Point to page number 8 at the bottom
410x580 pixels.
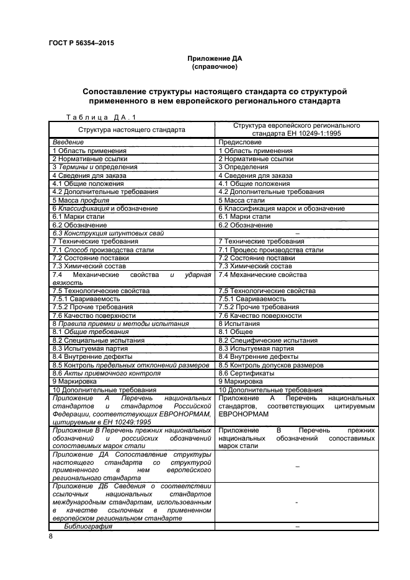click(x=50, y=537)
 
